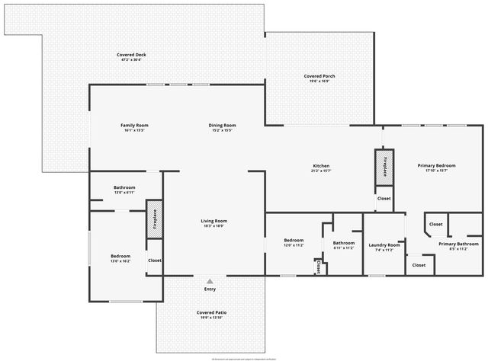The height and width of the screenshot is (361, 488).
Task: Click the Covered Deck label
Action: (131, 55)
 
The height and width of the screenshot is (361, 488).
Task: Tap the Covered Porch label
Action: (319, 76)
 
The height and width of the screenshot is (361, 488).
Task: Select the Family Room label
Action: (134, 125)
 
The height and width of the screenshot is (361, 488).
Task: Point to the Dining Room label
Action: (223, 125)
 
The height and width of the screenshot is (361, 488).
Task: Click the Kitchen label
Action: (321, 166)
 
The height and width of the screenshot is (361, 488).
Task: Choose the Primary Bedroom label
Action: (436, 165)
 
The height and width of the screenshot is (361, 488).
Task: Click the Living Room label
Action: (213, 221)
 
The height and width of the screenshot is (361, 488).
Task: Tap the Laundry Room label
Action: (384, 244)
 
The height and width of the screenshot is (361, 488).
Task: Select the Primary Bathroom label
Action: (458, 244)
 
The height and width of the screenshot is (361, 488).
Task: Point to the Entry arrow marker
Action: (210, 282)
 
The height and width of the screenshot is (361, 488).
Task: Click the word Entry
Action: (210, 289)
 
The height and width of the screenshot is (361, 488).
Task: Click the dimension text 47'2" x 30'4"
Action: (131, 60)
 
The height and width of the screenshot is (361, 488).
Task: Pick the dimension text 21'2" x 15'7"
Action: (321, 171)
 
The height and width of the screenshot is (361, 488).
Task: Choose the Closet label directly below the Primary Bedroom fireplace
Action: (384, 198)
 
